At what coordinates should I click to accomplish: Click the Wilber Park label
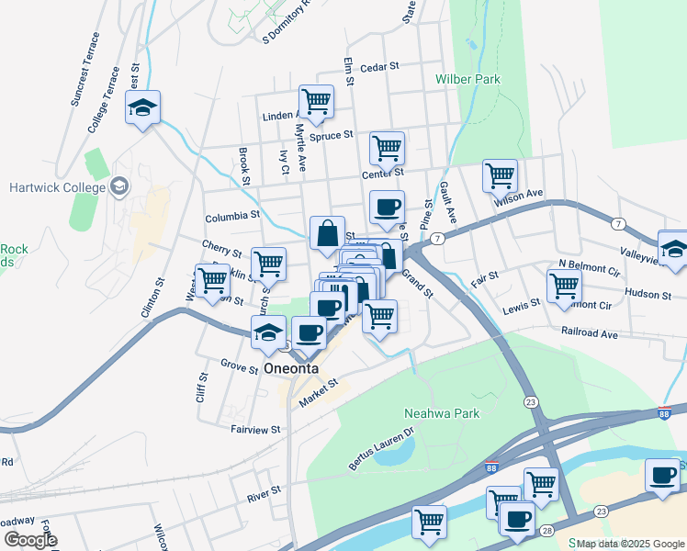click(x=468, y=79)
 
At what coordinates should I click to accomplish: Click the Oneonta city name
click(x=291, y=368)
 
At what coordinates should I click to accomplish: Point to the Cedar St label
click(x=380, y=67)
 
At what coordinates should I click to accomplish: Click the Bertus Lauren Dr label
click(x=381, y=450)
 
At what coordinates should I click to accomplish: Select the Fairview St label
click(x=256, y=429)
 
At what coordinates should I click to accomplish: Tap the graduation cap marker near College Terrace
click(x=142, y=107)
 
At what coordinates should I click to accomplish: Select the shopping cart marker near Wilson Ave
click(x=500, y=174)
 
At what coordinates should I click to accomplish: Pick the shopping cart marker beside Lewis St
click(x=564, y=284)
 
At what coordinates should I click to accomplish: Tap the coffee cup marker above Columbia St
click(x=387, y=207)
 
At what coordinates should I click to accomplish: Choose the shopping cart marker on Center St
click(x=387, y=147)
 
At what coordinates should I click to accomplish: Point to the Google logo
click(x=29, y=541)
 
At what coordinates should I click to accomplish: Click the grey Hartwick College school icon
click(x=118, y=187)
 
